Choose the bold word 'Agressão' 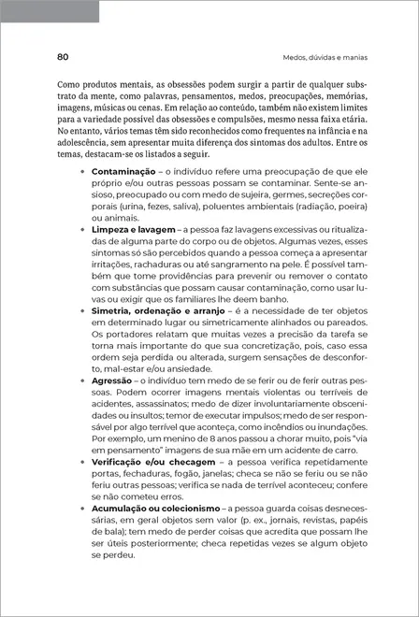coord(112,381)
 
